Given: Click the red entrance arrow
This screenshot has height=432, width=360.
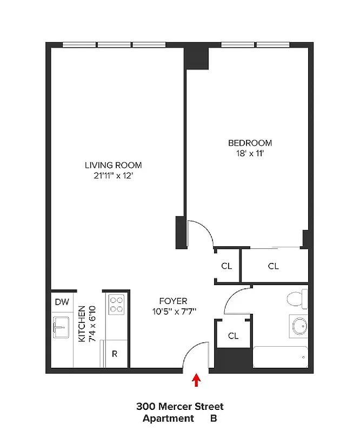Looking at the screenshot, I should coord(197,381).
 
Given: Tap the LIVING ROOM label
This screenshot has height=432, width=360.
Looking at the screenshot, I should coord(113,165).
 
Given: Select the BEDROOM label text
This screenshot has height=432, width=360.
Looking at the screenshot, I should coord(250,143).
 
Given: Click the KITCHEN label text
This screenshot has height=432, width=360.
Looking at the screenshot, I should coord(81,324).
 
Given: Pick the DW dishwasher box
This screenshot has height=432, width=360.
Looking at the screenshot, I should coord(62,302).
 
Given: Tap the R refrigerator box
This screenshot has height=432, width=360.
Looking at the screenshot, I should coord(115,354).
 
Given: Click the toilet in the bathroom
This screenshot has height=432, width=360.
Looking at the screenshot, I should coord(296,299).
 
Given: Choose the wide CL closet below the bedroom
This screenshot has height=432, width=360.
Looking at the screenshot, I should coord(274,266).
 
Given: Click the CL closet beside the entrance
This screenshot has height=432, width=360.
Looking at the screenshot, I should coord(233,335).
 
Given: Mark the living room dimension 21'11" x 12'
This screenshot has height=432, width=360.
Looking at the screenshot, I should coord(113,175).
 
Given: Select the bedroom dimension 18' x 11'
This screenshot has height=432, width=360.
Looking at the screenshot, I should coord(250,153).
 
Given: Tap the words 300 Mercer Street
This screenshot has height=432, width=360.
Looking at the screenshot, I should coord(179,407).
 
